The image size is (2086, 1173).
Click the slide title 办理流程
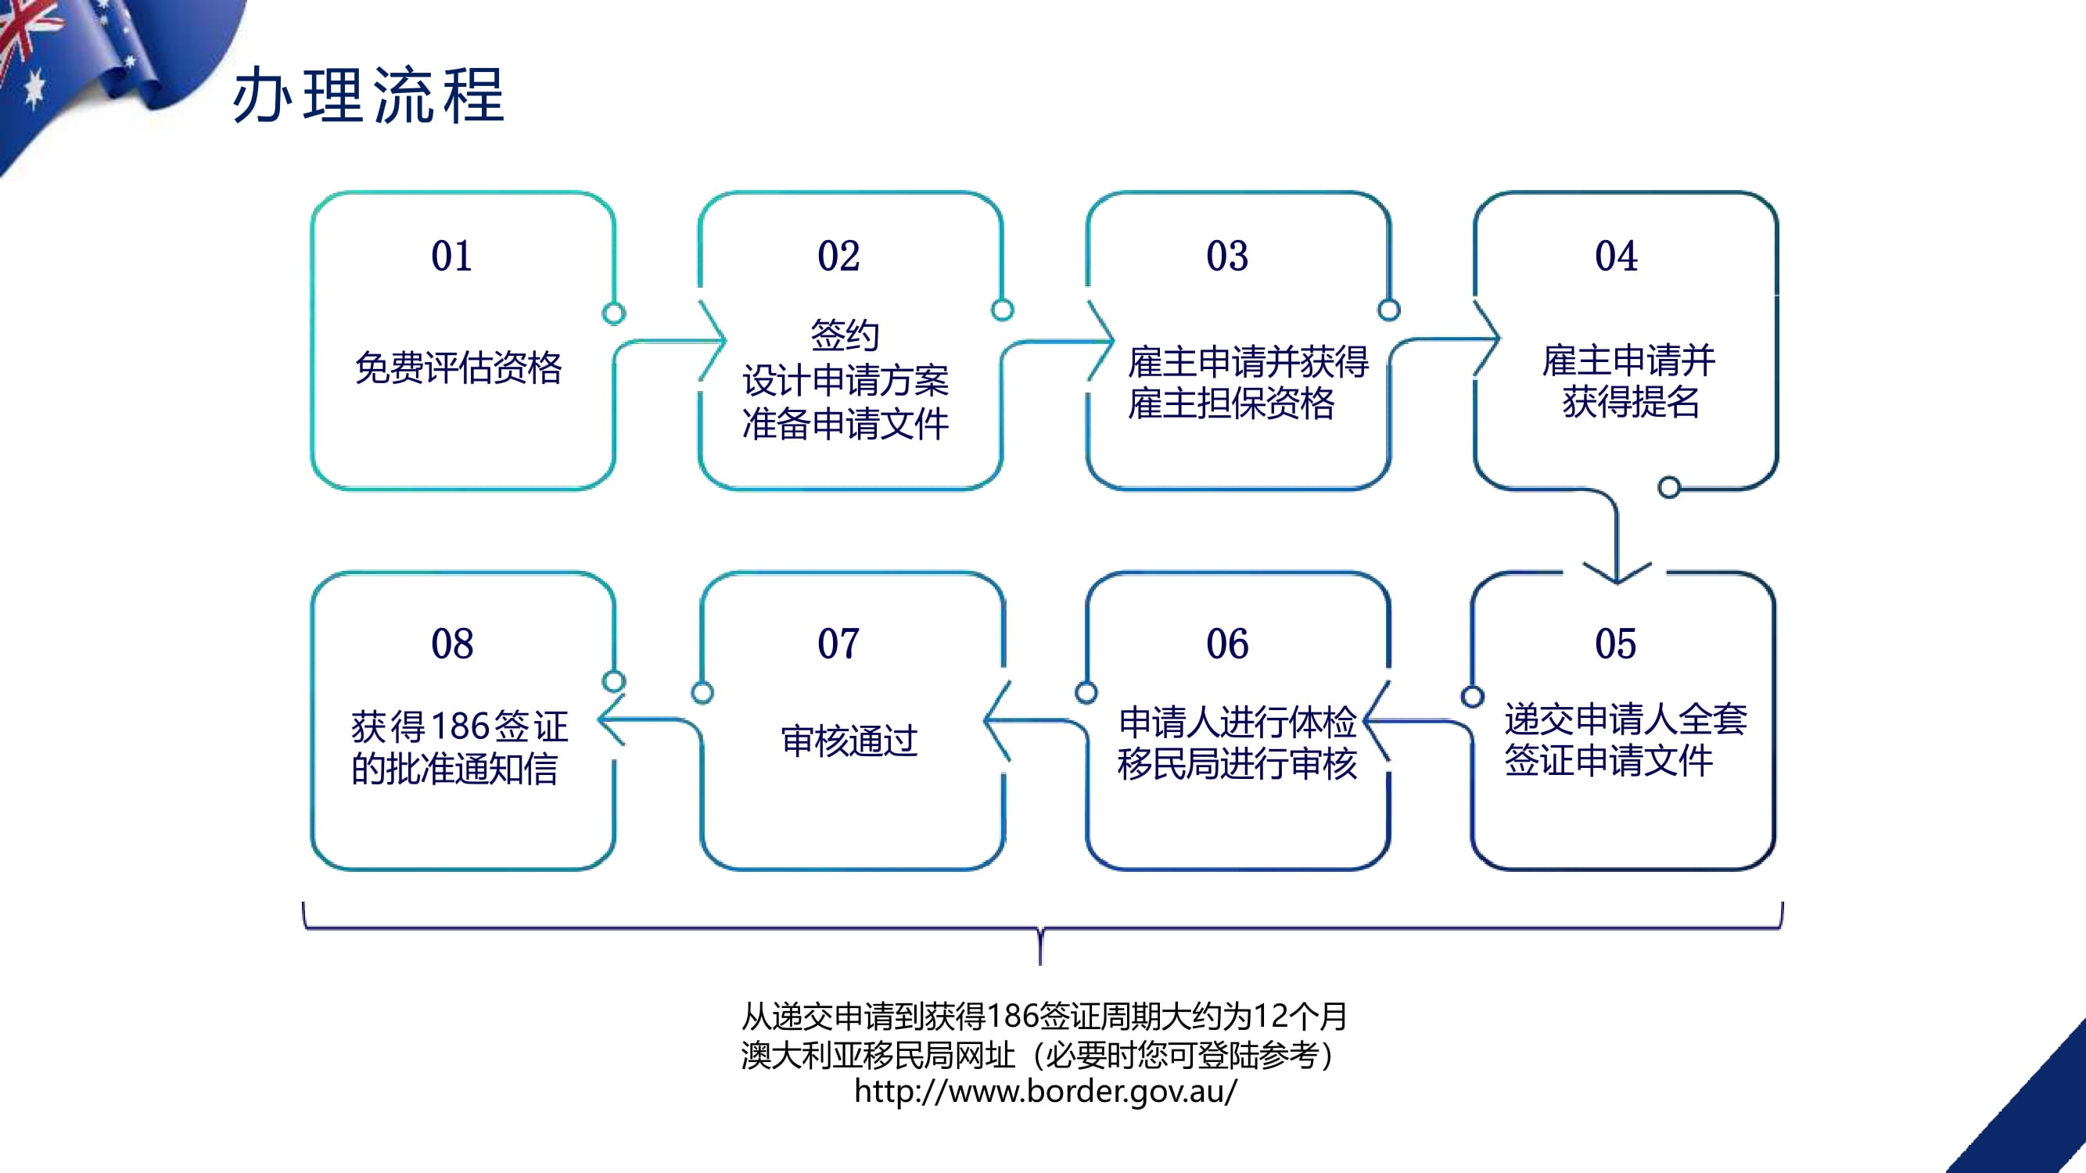coord(368,95)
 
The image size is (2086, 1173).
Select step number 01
coord(452,256)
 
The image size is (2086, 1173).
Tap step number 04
coord(1615,256)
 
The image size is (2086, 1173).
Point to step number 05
coord(1615,644)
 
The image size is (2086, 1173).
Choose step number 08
coord(452,644)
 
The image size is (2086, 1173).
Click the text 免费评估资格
coord(458,368)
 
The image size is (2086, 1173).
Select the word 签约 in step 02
coord(845,335)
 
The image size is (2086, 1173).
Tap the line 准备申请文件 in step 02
coord(846,423)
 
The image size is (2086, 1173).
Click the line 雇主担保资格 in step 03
coord(1231,404)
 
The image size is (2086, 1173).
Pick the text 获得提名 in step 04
coord(1630,401)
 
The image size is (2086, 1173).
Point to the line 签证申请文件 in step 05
coord(1608,760)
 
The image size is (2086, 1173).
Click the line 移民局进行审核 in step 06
coord(1237,763)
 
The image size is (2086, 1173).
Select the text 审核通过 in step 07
coord(849,741)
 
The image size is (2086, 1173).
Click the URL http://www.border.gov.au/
coord(1045,1091)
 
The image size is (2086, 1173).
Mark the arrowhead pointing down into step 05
coord(1617,573)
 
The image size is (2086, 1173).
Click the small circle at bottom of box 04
coord(1669,487)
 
